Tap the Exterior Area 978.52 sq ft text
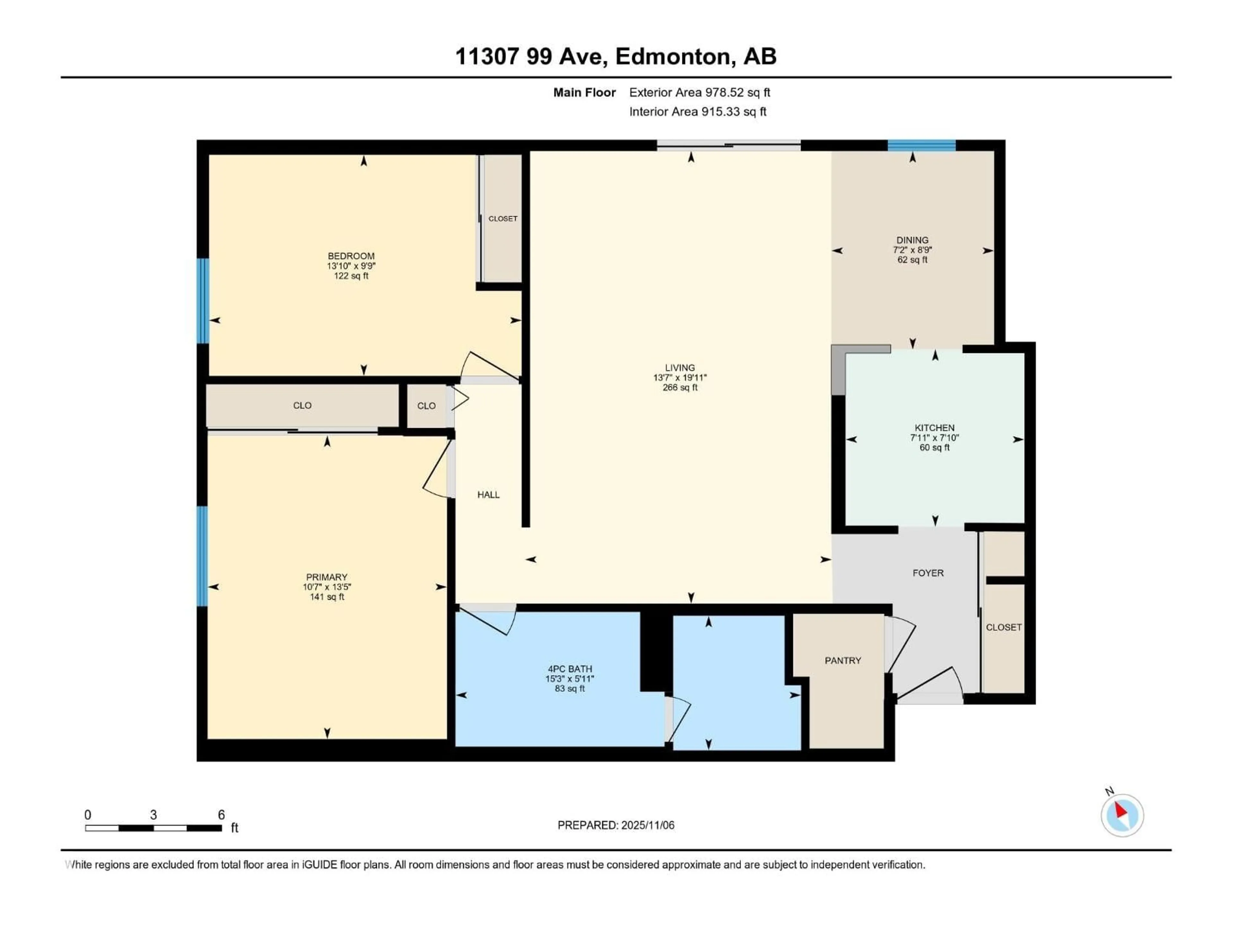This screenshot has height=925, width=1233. pyautogui.click(x=700, y=92)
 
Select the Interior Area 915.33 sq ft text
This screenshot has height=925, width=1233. pyautogui.click(x=697, y=111)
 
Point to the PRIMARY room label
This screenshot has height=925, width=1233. pyautogui.click(x=327, y=577)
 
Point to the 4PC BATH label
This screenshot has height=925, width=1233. pyautogui.click(x=570, y=668)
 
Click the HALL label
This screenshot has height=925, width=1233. pyautogui.click(x=488, y=495)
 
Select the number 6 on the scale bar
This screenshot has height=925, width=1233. pyautogui.click(x=221, y=815)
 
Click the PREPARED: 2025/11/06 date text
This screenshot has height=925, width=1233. pyautogui.click(x=616, y=825)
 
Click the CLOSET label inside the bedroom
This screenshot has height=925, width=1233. pyautogui.click(x=503, y=219)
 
